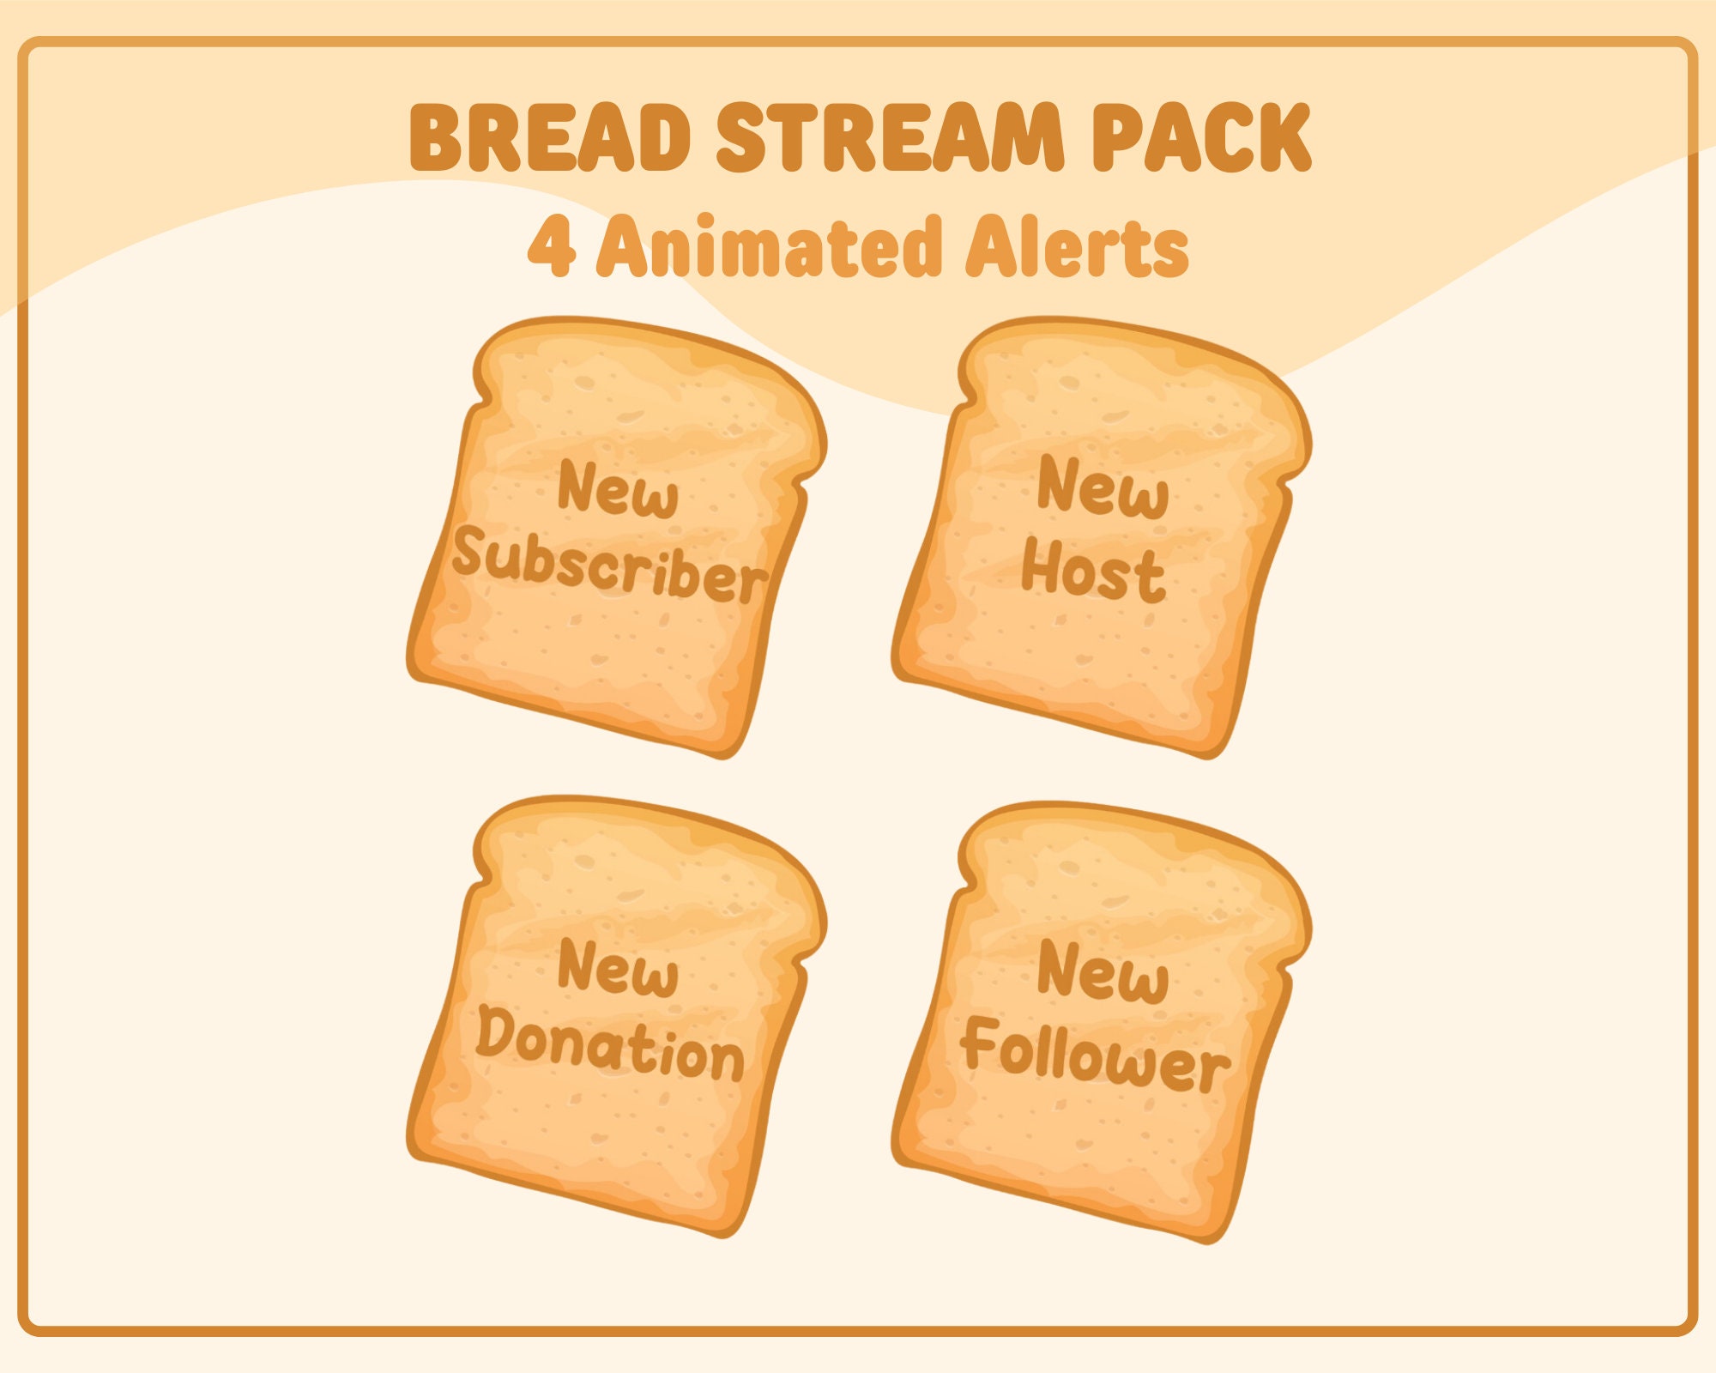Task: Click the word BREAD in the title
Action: click(550, 137)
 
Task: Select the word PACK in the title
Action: click(1201, 137)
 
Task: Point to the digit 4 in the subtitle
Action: click(551, 246)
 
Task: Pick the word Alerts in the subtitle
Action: click(1077, 246)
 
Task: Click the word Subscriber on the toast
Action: click(609, 566)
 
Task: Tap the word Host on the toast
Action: click(1094, 571)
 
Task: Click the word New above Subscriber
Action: click(618, 491)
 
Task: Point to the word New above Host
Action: click(1103, 489)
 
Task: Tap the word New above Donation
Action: click(618, 970)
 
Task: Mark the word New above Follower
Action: click(1103, 972)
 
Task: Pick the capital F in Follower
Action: click(980, 1043)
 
